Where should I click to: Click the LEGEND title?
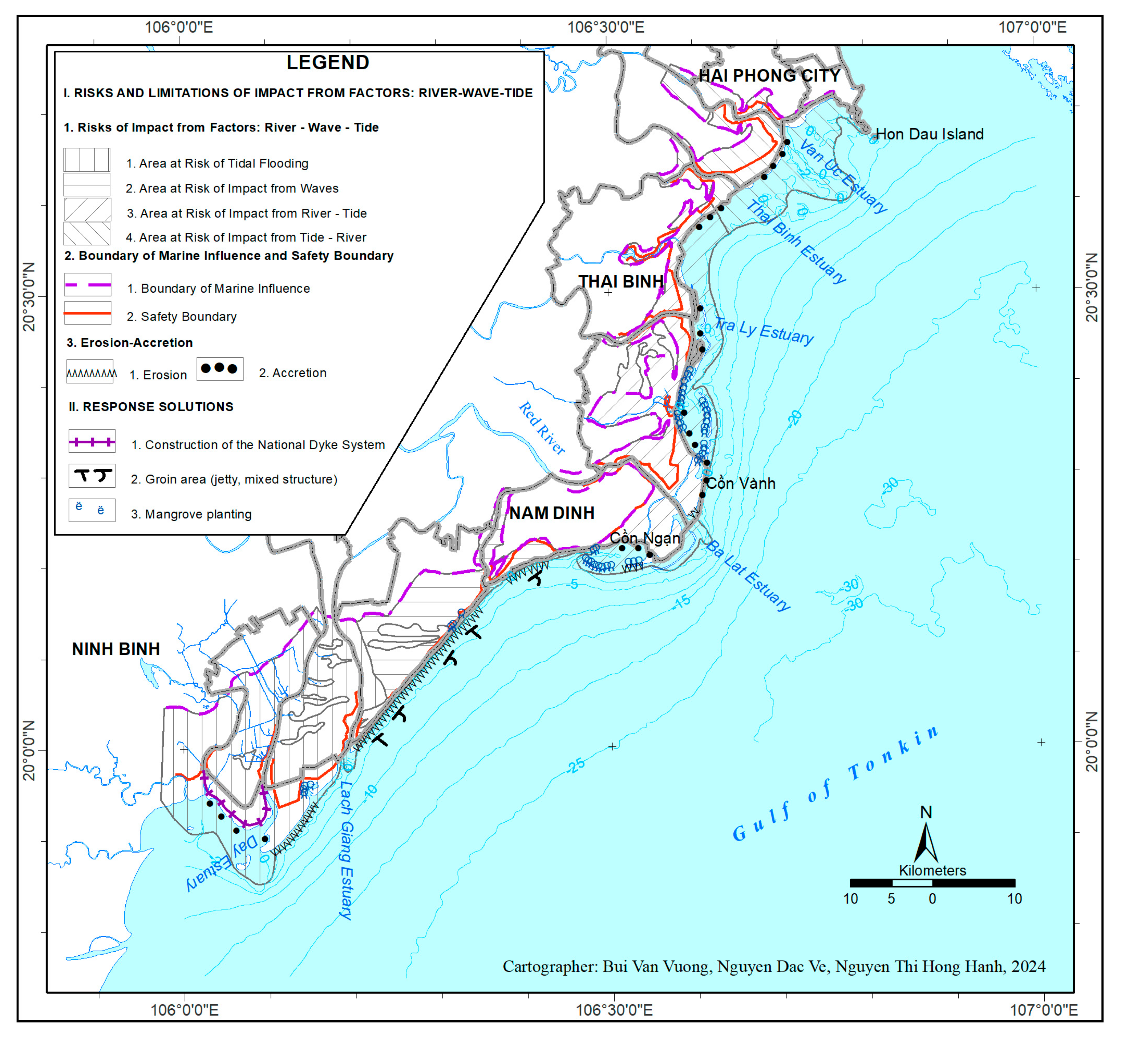click(327, 62)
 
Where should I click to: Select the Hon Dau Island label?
click(929, 134)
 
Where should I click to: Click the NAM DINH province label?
click(552, 513)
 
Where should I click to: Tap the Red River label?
click(542, 428)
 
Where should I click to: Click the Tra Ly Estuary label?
click(764, 331)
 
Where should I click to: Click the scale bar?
click(932, 883)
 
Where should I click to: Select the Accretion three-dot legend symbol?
click(220, 369)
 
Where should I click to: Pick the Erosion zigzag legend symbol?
click(90, 372)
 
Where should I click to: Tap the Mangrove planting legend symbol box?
click(92, 510)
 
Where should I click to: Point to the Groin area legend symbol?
click(92, 476)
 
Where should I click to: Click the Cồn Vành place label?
click(741, 483)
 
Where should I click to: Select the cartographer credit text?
click(773, 967)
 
